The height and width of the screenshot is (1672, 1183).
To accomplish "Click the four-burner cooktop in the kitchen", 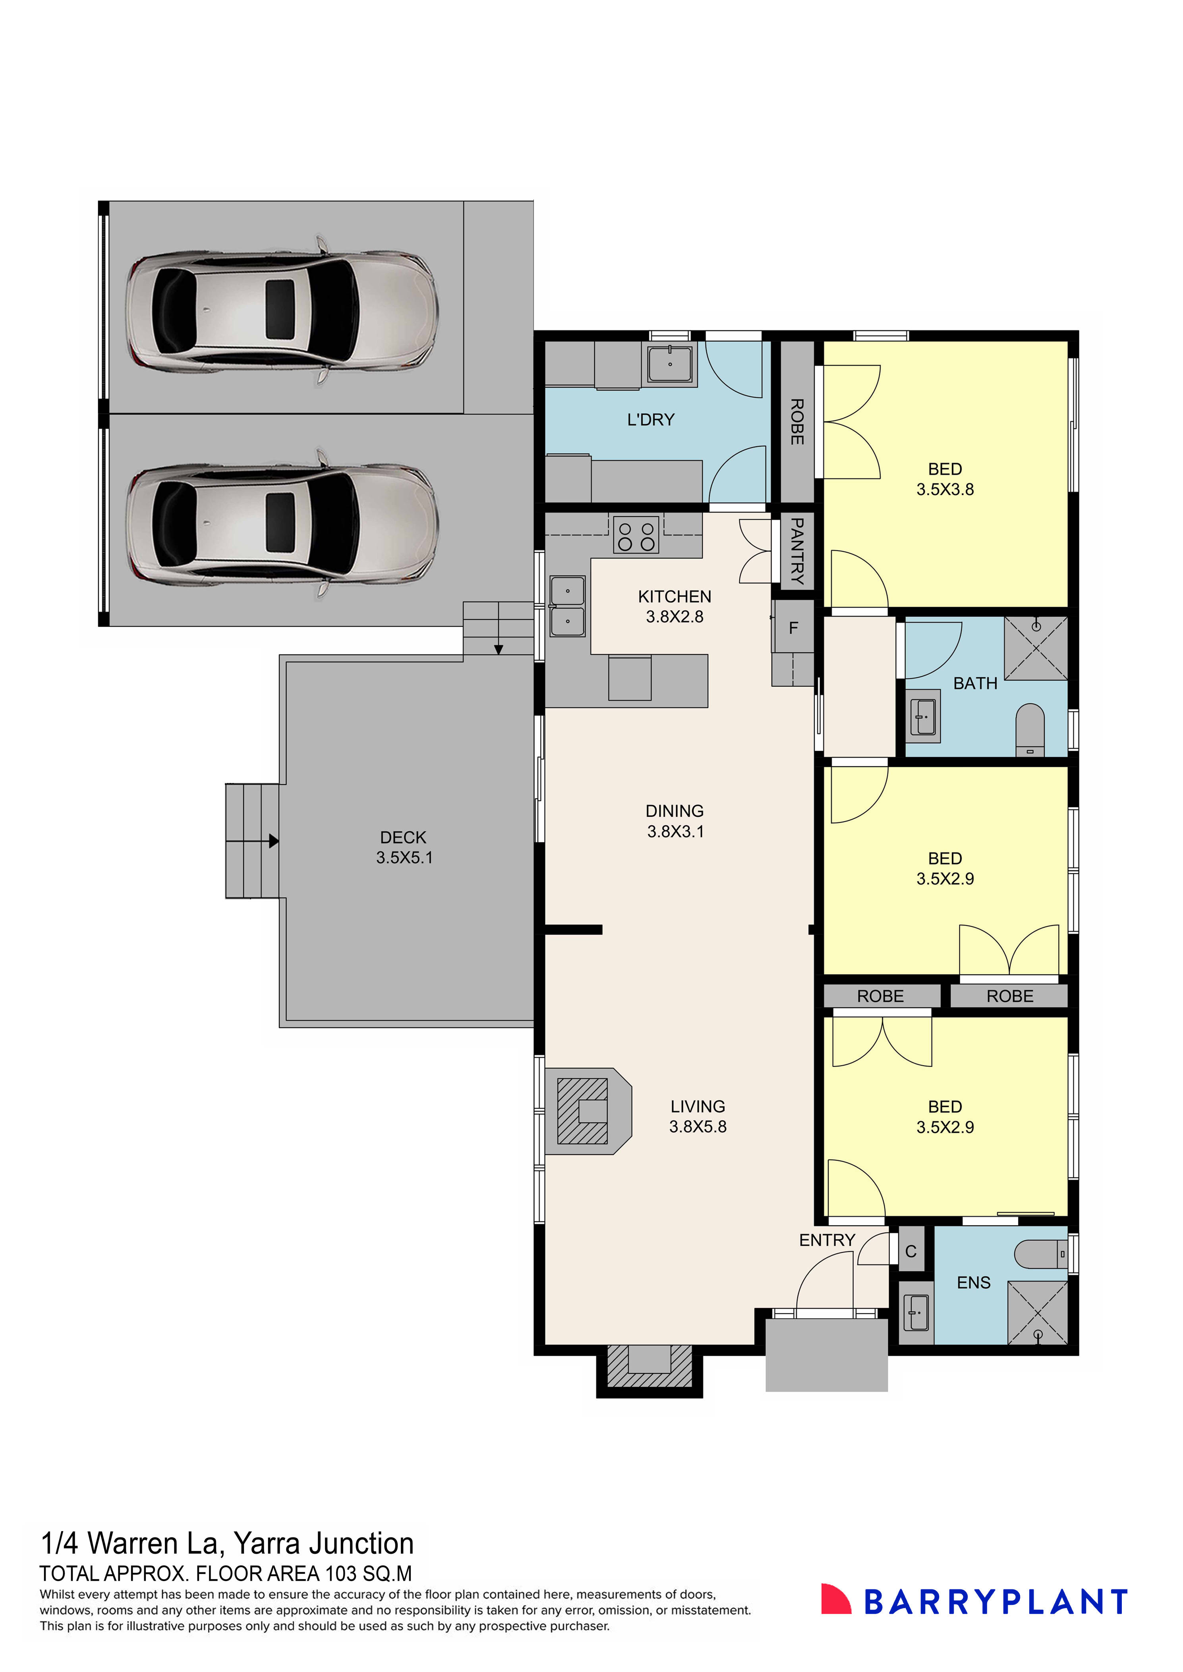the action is pyautogui.click(x=636, y=534).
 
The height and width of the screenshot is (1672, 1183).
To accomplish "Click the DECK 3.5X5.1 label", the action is pyautogui.click(x=404, y=848).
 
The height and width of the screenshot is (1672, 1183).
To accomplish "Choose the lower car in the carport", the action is pyautogui.click(x=282, y=525).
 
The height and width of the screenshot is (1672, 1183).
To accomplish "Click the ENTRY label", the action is pyautogui.click(x=827, y=1240).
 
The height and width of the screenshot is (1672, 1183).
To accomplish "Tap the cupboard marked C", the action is pyautogui.click(x=910, y=1251).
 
